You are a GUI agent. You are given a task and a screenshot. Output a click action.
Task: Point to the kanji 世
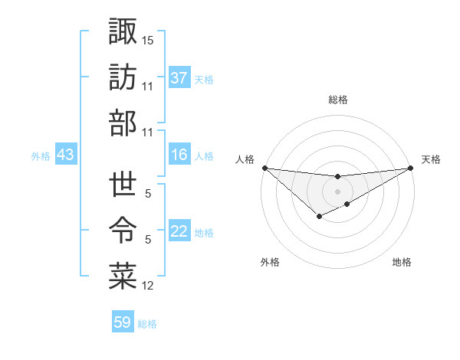coord(123,184)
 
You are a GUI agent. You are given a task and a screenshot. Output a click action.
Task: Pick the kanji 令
coord(123,230)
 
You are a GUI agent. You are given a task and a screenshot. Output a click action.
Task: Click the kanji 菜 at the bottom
coord(123,275)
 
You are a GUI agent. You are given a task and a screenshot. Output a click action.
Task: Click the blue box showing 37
coord(179,78)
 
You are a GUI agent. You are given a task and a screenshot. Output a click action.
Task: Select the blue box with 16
coord(179,155)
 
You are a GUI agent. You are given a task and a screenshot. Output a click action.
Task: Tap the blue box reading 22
coord(179,232)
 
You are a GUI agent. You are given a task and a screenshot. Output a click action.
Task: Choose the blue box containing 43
coord(65,155)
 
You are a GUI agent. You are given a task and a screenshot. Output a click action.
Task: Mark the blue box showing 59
coord(123,322)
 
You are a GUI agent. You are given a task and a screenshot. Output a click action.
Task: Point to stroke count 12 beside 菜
coord(147,286)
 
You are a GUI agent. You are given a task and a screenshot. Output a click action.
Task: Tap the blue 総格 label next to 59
coord(147,324)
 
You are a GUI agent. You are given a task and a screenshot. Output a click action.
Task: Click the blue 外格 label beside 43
coord(41,156)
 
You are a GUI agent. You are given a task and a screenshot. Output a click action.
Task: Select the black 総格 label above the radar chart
coord(337,100)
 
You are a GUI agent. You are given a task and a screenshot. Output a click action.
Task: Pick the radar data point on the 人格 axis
coord(264,168)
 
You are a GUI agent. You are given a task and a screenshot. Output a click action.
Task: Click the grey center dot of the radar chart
coord(337,191)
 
